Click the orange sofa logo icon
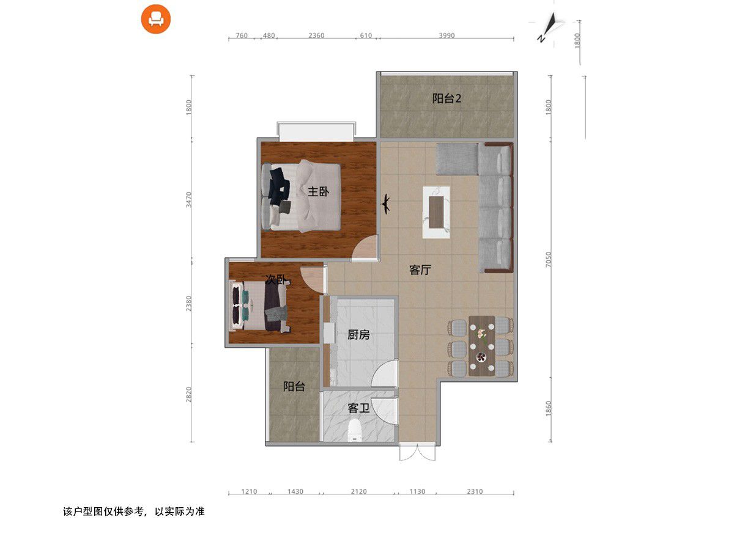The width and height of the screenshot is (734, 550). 155,19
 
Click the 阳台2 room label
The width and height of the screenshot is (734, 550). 447,98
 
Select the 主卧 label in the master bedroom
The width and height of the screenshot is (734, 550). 318,192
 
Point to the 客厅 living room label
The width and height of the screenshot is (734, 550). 420,269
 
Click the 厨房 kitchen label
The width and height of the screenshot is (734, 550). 358,334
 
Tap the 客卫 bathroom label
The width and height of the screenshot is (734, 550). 358,408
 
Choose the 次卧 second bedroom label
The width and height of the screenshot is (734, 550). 276,279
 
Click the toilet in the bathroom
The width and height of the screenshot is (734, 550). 355,430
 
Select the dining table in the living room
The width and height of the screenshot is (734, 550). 481,346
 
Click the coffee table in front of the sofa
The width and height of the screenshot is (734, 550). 436,213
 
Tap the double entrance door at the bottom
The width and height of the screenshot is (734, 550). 417,452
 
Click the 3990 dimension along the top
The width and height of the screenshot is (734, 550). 447,35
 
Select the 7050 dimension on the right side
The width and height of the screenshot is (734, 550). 548,259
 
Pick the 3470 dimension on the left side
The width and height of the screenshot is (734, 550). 189,199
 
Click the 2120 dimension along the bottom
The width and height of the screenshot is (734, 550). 358,491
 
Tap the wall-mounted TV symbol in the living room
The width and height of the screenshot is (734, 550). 386,204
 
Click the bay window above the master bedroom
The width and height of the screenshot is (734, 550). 316,131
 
